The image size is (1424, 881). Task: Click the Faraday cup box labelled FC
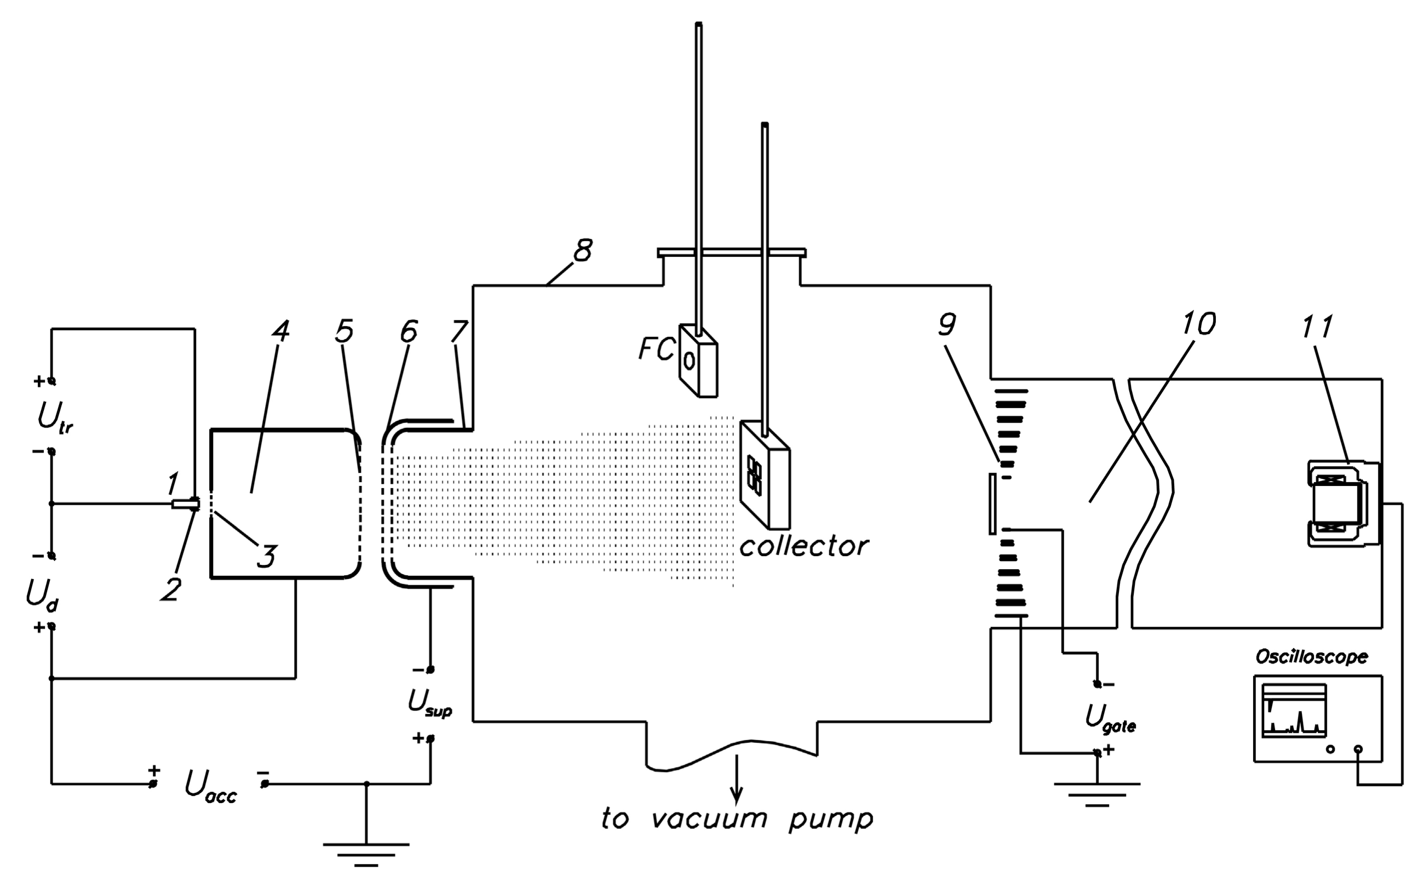tap(698, 362)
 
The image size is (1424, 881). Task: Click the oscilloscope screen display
tap(1294, 711)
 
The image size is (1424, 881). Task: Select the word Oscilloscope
tap(1311, 657)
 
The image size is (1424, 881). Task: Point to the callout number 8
tap(582, 250)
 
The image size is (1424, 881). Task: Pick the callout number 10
tap(1198, 324)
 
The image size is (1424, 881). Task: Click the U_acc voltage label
tap(210, 787)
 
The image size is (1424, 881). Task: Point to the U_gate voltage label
tap(1110, 718)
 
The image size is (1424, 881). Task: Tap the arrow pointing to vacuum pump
tap(737, 777)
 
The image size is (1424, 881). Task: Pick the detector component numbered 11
tap(1340, 504)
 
